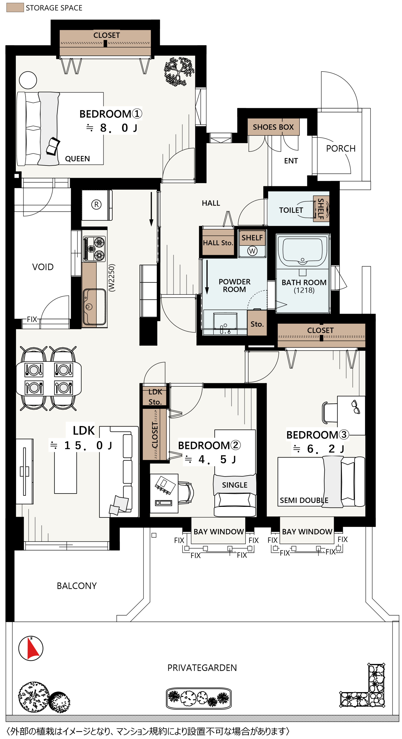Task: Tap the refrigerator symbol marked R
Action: coord(96,205)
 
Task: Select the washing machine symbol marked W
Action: coord(252,251)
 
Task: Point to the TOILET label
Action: coord(291,210)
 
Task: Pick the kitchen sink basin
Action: coord(94,307)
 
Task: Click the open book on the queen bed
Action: coord(53,146)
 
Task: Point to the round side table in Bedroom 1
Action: coord(28,80)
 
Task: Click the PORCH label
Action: coord(341,148)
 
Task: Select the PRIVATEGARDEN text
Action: coord(202,668)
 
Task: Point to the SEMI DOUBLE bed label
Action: coord(304,500)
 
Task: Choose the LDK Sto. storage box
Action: coord(155,397)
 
